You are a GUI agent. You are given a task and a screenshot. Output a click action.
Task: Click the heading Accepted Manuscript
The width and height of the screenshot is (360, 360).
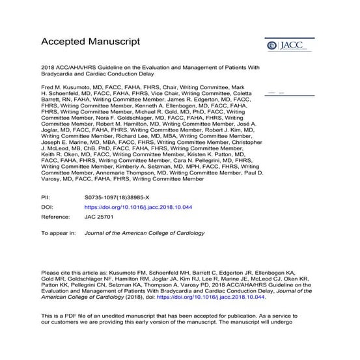point(90,42)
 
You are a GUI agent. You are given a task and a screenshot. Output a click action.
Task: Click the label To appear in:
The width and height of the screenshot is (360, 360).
point(59,232)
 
